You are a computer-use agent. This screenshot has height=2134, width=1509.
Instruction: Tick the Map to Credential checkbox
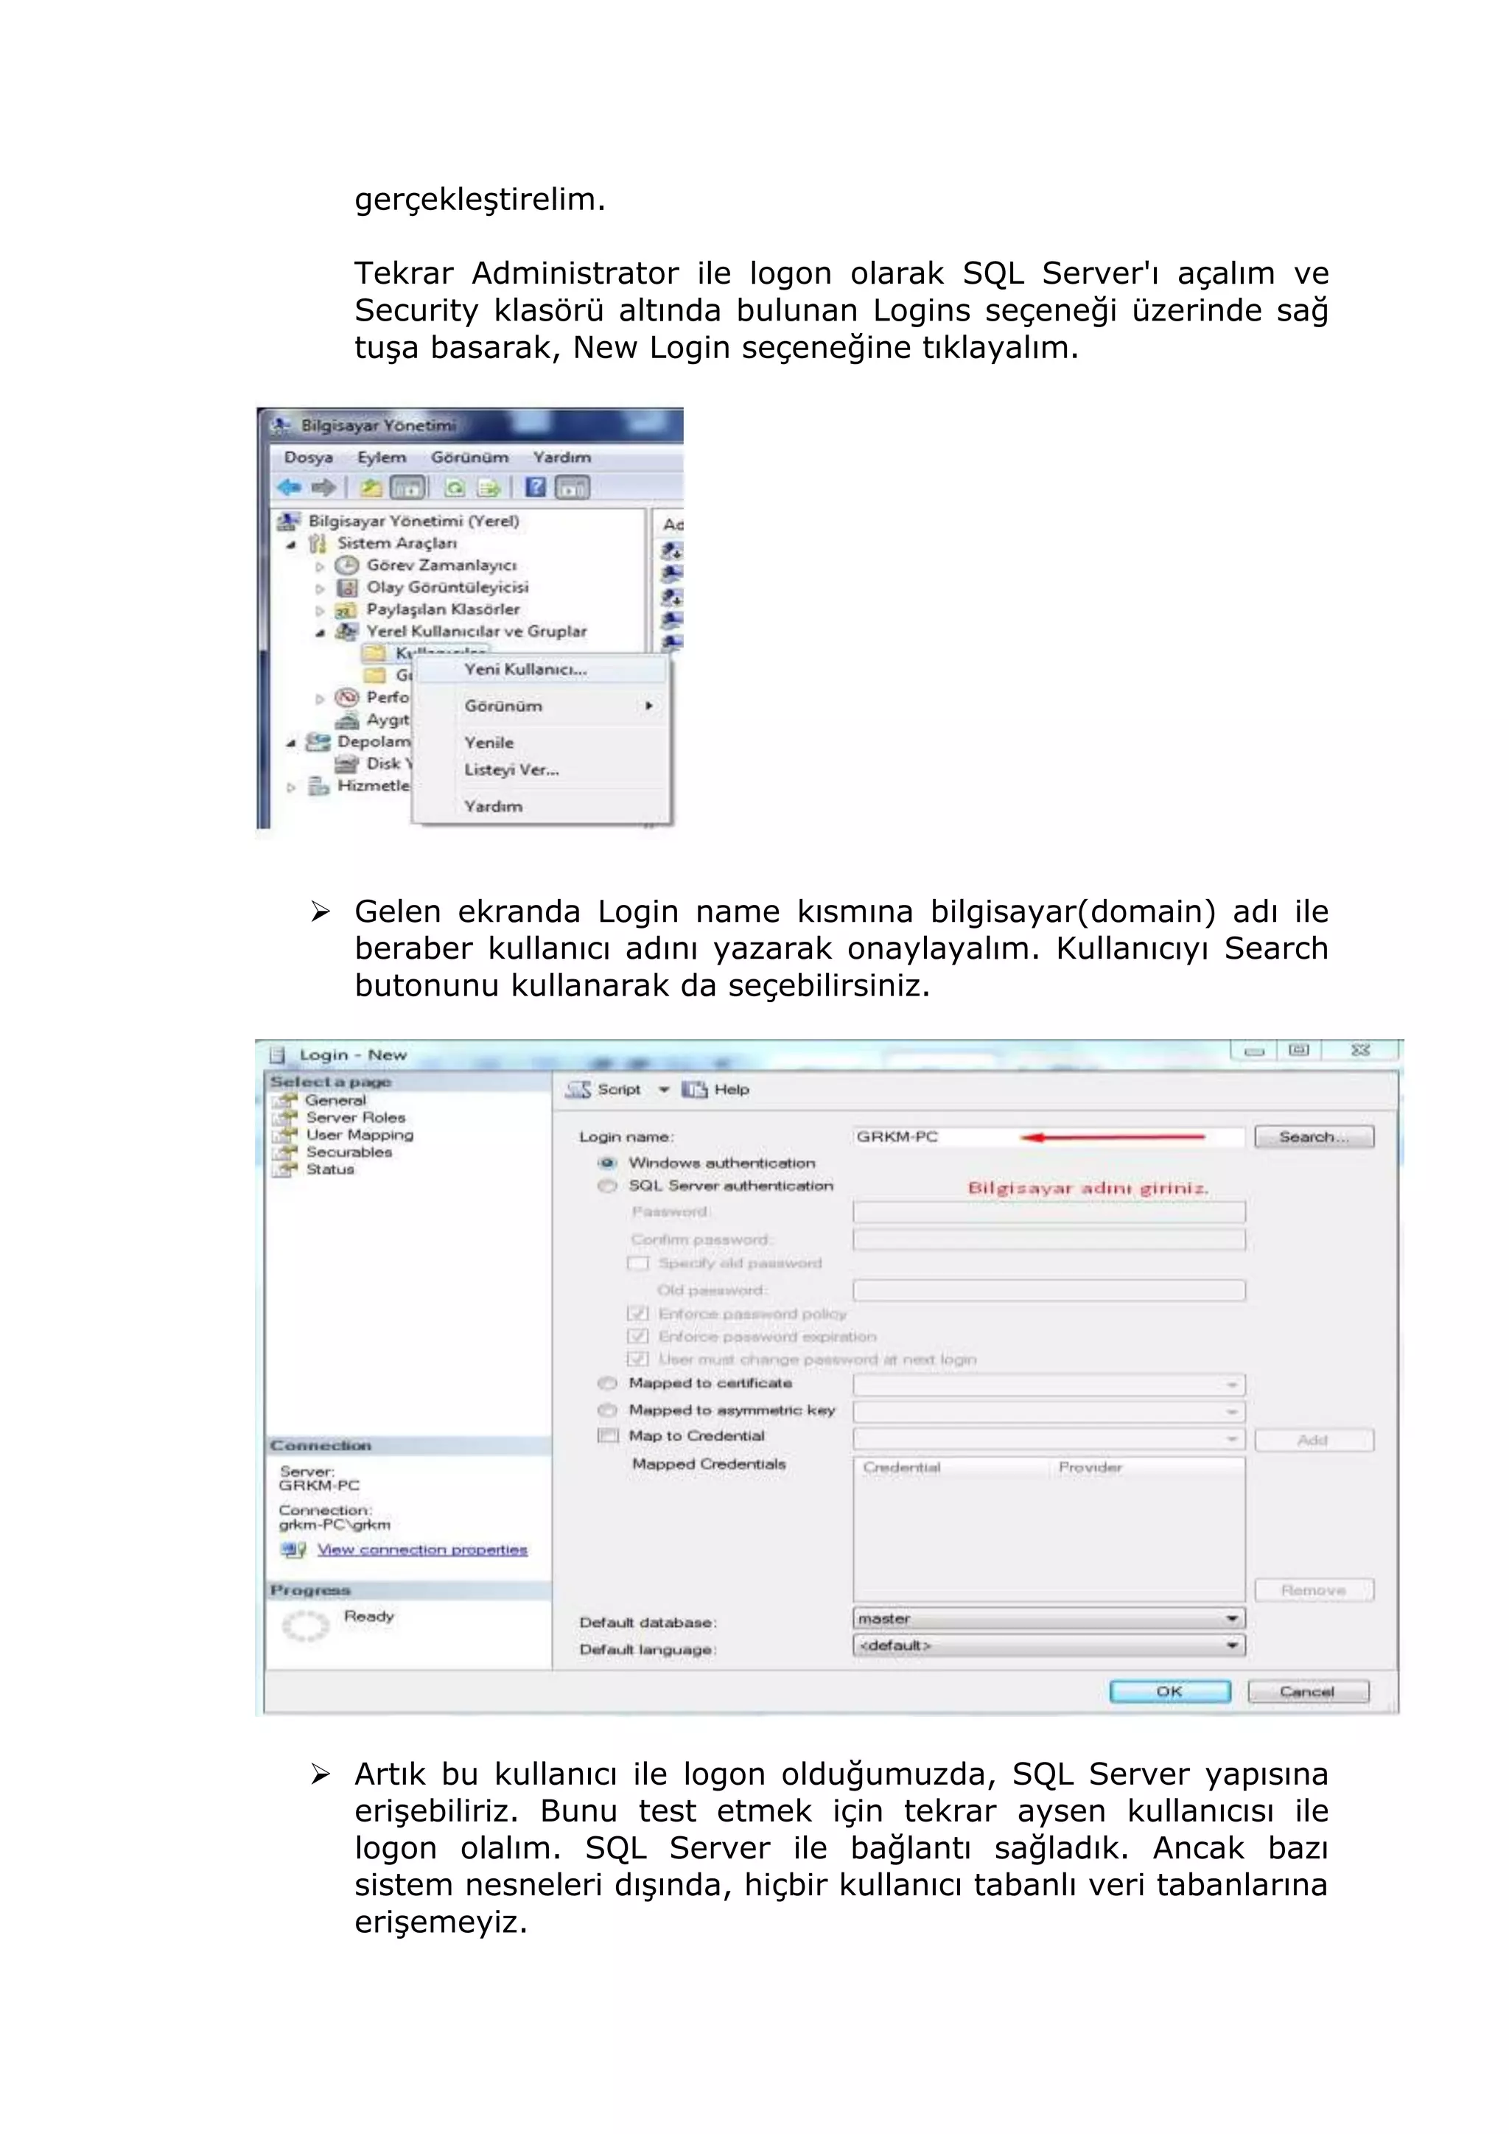(x=608, y=1436)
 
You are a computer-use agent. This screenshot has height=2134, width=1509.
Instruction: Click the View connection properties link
(x=422, y=1550)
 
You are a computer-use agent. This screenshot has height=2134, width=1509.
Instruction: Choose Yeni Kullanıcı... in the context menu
(x=525, y=669)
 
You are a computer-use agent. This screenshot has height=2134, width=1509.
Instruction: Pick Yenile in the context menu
(x=489, y=743)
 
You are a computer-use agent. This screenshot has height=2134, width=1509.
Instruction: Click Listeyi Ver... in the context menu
(x=511, y=769)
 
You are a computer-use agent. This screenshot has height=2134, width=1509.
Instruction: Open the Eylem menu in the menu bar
(x=381, y=458)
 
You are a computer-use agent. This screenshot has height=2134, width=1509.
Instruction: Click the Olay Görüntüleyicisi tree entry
(x=447, y=587)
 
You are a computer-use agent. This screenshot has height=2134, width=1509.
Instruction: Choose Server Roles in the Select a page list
(x=355, y=1117)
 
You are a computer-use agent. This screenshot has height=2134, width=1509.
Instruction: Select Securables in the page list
(x=349, y=1152)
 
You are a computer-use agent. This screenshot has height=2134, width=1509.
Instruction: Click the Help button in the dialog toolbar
(x=730, y=1089)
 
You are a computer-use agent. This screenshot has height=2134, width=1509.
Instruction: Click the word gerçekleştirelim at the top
(x=480, y=200)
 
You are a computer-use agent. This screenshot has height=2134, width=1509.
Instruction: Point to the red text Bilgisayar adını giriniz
(x=1087, y=1189)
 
